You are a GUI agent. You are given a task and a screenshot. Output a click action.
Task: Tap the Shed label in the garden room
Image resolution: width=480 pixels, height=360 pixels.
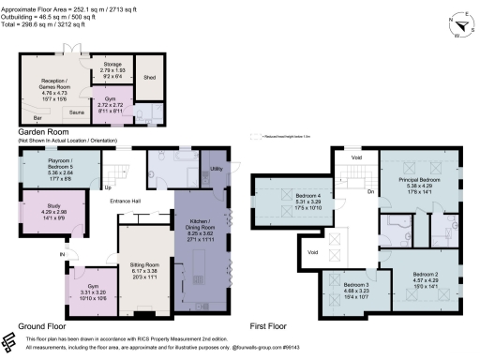coord(149,78)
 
